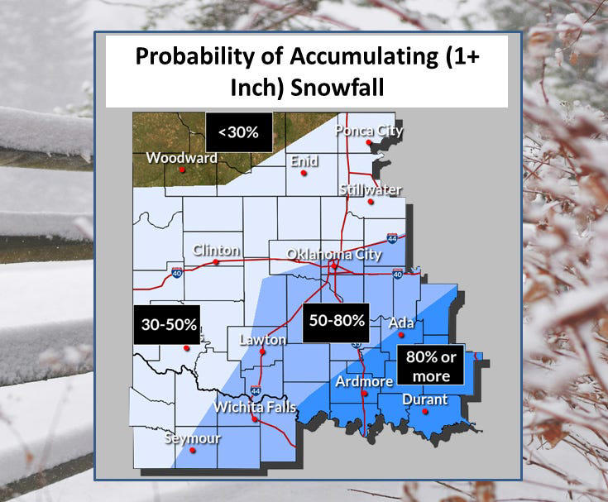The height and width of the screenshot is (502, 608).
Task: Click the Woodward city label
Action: (x=181, y=158)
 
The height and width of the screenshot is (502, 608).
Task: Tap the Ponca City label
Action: (x=368, y=131)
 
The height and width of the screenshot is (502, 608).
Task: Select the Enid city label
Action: (x=304, y=161)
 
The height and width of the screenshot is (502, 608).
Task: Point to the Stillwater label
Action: (x=371, y=190)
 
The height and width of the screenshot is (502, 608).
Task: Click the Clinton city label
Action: (x=216, y=251)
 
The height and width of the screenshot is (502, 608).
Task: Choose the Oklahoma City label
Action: (x=334, y=254)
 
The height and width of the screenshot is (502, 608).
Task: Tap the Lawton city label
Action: (x=262, y=340)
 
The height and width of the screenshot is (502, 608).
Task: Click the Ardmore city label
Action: (x=363, y=381)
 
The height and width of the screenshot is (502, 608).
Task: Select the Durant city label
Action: (x=424, y=399)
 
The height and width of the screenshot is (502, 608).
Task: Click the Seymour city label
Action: (x=192, y=438)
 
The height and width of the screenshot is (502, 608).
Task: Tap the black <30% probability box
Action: (x=238, y=131)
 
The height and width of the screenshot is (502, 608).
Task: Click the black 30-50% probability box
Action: (x=165, y=325)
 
